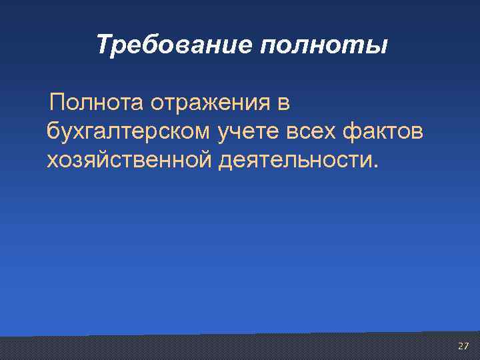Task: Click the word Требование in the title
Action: coord(171,45)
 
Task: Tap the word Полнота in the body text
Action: coord(95,103)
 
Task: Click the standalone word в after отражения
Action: coord(283,103)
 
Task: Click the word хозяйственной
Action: coord(127,161)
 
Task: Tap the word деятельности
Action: coord(294,161)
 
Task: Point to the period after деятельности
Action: coord(374,167)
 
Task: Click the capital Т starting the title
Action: coord(103,45)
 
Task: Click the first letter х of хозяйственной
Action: coord(52,161)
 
